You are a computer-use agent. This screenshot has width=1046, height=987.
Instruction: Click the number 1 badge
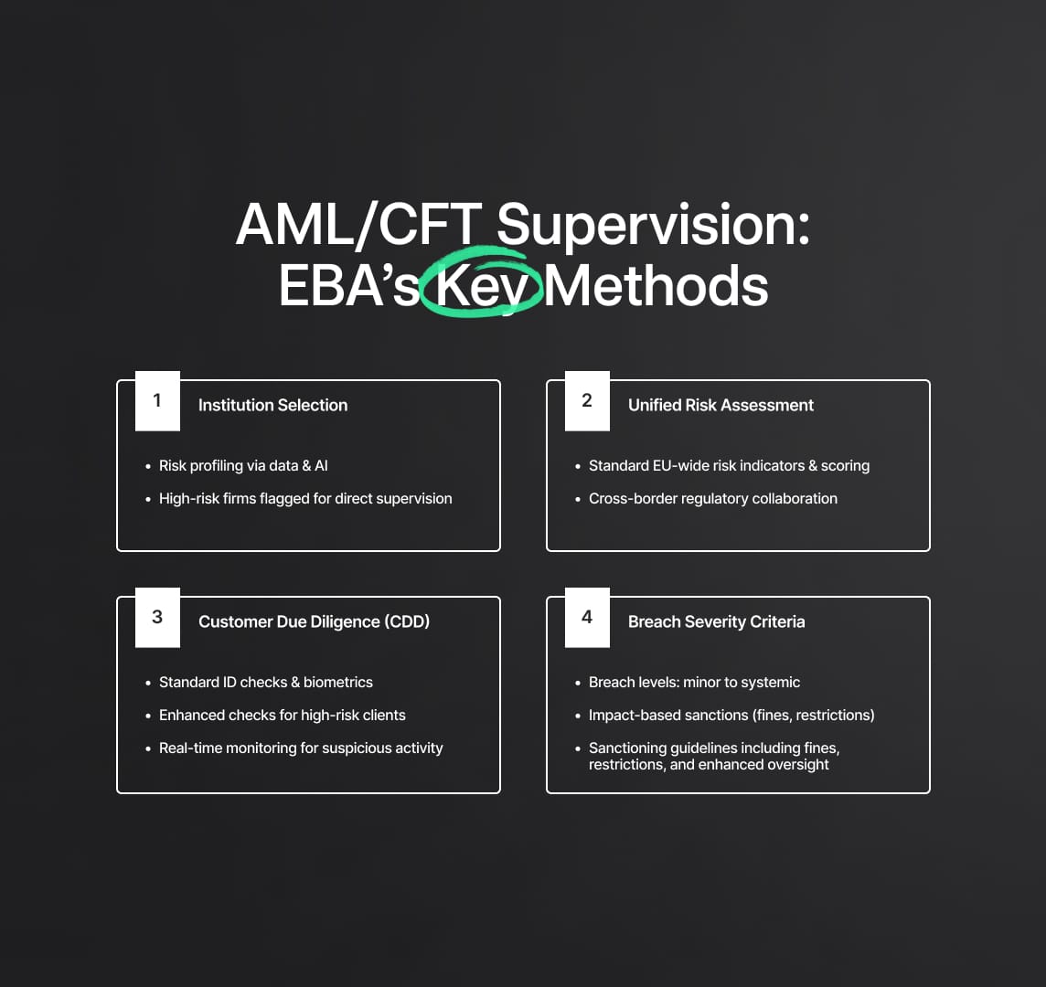(157, 401)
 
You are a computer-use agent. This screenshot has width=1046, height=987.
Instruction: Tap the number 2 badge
(587, 401)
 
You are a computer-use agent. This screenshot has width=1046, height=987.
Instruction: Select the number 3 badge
(157, 618)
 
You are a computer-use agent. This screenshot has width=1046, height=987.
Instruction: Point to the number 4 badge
(587, 618)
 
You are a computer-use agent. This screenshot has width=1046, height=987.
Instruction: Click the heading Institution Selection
(272, 406)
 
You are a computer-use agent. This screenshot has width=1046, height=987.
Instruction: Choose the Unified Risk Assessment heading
(720, 406)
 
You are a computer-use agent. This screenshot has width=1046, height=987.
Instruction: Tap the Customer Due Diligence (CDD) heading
(314, 621)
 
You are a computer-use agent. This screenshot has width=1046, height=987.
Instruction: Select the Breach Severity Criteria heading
(717, 621)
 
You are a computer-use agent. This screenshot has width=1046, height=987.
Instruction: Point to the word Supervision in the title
(653, 226)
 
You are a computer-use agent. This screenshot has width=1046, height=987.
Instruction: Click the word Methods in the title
(656, 285)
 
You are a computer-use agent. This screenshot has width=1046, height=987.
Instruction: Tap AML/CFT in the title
(359, 225)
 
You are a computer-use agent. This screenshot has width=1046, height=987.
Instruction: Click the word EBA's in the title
(349, 285)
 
